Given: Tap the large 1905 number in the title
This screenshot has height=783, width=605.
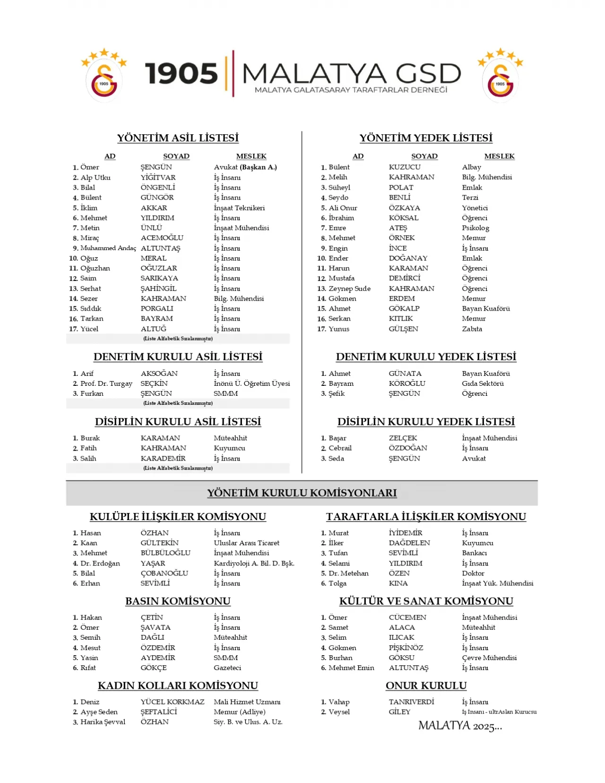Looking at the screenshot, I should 181,74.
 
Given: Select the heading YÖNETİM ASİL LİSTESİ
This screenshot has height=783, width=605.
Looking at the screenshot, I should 178,138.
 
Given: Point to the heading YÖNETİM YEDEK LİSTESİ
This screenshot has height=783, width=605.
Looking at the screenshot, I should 426,138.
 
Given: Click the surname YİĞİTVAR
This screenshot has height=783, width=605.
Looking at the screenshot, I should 158,177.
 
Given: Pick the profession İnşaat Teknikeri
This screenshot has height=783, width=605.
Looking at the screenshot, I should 239,208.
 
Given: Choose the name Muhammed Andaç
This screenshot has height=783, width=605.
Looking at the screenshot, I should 108,248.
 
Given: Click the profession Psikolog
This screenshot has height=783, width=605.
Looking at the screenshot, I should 475,228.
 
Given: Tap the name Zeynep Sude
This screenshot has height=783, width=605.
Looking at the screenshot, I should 349,288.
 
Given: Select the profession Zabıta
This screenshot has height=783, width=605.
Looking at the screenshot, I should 472,329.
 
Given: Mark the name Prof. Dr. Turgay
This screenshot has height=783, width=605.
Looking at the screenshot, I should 106,383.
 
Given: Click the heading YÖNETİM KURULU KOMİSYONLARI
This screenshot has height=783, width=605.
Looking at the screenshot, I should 302,493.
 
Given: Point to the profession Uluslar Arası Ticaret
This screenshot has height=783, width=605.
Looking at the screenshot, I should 246,543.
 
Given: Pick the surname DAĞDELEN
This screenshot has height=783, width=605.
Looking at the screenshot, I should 409,543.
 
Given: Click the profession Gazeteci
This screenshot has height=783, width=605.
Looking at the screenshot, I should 227,668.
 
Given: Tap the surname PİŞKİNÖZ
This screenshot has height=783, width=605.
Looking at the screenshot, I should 406,648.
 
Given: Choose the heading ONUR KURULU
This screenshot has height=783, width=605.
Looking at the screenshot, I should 426,686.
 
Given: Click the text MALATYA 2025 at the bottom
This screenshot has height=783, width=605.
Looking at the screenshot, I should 460,726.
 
